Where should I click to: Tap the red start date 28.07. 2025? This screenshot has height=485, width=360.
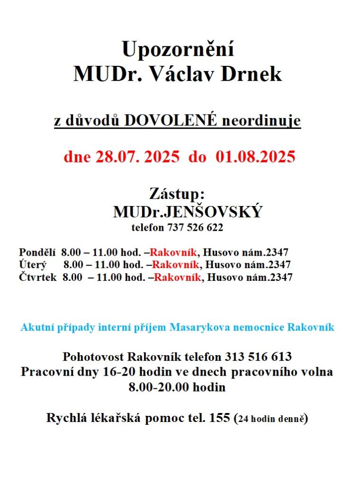pos(137,157)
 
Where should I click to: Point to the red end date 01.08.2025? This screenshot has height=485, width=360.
pos(255,157)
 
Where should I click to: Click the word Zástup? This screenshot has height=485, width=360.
pos(176,194)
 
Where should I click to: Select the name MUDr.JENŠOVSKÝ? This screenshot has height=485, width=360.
pos(187,212)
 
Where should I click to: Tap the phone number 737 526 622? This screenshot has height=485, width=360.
pos(195,227)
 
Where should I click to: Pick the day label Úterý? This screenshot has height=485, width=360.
pos(33,264)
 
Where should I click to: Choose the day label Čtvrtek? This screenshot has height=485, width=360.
pos(38,277)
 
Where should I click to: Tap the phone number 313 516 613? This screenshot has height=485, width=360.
pos(258,356)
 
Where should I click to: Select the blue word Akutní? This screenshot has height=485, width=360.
pos(36,327)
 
